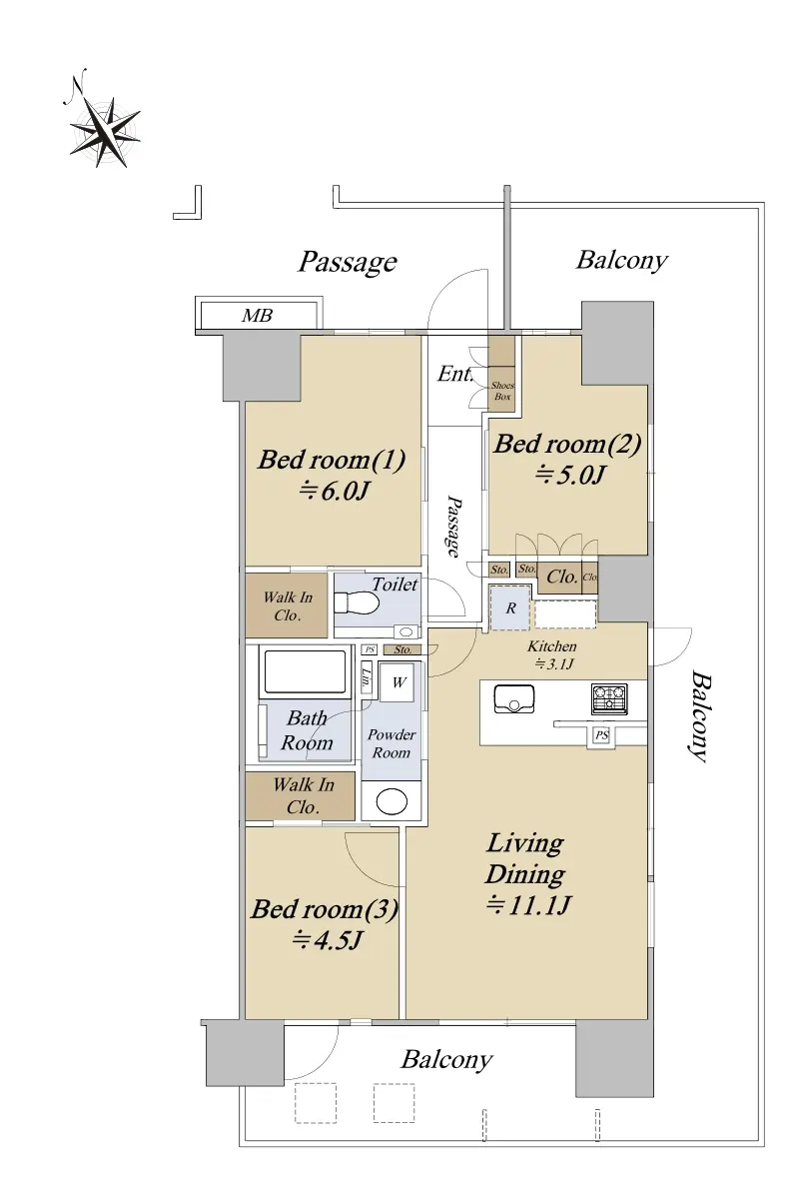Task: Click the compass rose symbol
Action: coord(104,132)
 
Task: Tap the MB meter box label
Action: coord(257,316)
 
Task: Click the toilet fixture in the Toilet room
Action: coord(356,603)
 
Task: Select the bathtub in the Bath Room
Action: coord(305,672)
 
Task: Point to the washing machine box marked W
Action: coord(397,681)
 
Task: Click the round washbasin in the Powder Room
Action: coord(392,801)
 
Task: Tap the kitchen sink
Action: coord(513,699)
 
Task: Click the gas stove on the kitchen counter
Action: coord(609,699)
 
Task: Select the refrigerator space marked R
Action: coord(510,607)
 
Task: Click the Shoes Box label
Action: coord(502,391)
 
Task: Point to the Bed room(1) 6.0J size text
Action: coord(334,491)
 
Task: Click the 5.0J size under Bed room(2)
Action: coord(570,475)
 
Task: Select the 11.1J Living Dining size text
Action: coord(528,905)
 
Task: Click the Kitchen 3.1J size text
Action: coord(554,664)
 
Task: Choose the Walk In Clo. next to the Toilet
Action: coord(288,605)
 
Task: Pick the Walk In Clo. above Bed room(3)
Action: coord(303,796)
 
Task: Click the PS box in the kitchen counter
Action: coord(602,735)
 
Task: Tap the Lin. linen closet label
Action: coord(367,677)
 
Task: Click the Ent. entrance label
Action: coord(454,374)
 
